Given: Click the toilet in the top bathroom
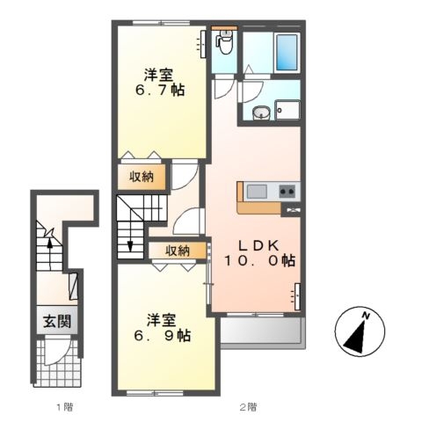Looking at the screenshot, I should pos(224,40).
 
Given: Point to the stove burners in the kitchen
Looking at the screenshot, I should pos(287,191).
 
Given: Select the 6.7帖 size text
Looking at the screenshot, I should pos(161,89).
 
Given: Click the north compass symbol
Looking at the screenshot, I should pos(361,334).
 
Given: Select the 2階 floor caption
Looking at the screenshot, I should pos(249,406).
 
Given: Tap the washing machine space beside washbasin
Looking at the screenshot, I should pos(287,111).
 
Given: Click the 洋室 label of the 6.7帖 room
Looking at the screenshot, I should pos(161,72).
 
